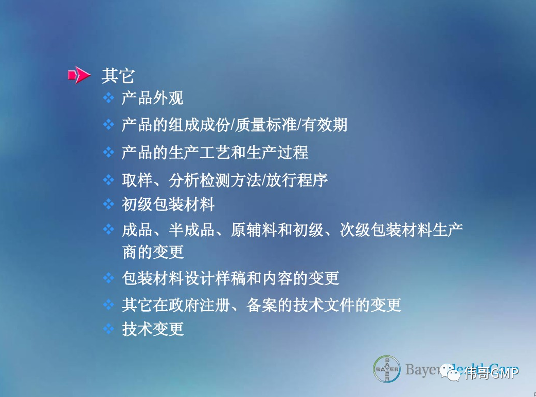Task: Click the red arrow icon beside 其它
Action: pos(79,75)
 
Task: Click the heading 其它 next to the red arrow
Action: pos(118,75)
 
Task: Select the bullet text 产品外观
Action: pos(152,98)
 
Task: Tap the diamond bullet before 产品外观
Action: pos(109,98)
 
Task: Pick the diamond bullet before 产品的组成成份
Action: pos(109,125)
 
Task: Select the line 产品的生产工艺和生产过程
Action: pos(215,152)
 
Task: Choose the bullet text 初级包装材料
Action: pos(168,204)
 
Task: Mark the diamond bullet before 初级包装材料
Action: pos(109,204)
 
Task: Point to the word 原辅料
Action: pos(254,230)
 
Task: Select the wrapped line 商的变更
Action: pos(153,252)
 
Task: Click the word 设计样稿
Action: pos(215,278)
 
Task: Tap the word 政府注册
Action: pos(199,305)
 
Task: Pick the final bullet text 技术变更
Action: pos(153,329)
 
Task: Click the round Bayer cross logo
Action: pos(387,369)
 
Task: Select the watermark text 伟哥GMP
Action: pos(491,373)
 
